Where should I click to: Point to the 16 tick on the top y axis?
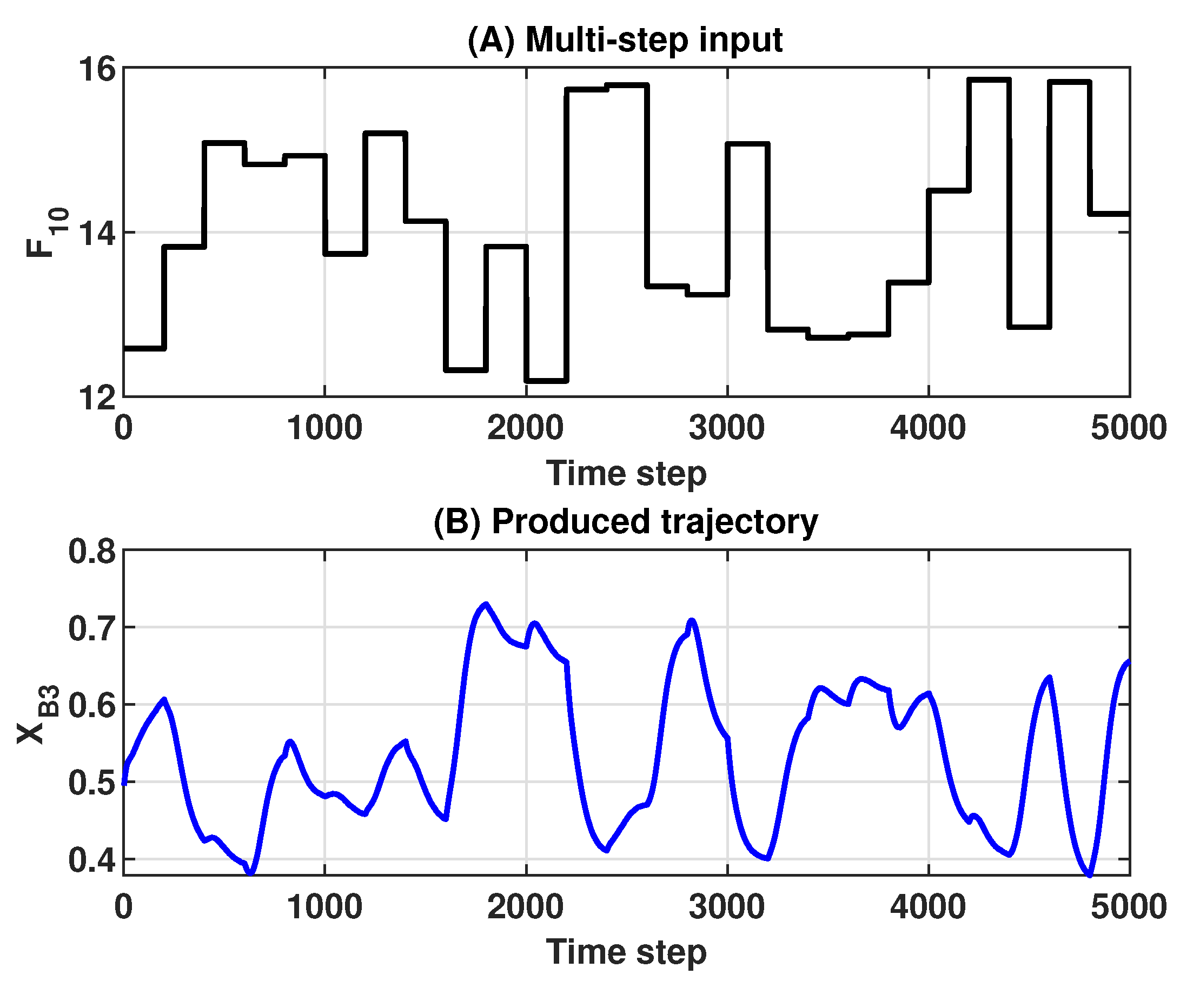coord(96,70)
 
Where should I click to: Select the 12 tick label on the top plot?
coord(96,399)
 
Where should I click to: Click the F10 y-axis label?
coord(48,231)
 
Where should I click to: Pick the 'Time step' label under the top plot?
coord(626,473)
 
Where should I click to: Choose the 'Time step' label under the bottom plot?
coord(626,952)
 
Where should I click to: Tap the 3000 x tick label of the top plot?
coord(726,428)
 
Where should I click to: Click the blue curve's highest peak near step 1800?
coord(486,604)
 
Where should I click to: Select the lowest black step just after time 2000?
coord(546,381)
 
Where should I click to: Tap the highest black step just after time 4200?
coord(989,79)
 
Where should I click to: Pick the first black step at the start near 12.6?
coord(144,348)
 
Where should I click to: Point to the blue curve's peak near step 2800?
coord(692,621)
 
